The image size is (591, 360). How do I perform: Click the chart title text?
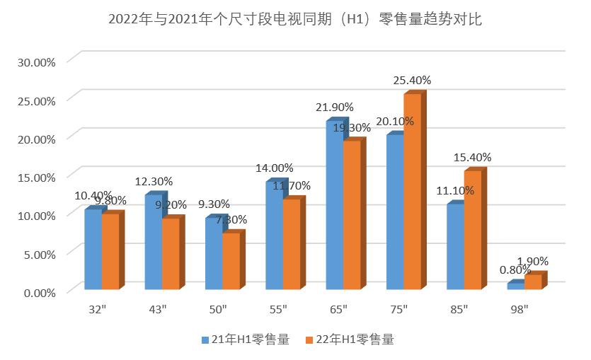(x=295, y=20)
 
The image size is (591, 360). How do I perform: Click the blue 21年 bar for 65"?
(x=334, y=206)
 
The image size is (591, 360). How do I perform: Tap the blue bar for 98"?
(x=515, y=286)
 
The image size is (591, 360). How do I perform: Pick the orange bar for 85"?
(x=472, y=231)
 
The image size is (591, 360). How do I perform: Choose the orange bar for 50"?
(x=231, y=261)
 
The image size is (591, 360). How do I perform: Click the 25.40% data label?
(x=412, y=81)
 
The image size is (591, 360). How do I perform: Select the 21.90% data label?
(x=333, y=107)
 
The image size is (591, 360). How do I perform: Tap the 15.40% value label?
(x=472, y=157)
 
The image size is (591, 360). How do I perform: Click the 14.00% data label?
(x=274, y=168)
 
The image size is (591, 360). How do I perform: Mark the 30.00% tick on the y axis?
(x=36, y=62)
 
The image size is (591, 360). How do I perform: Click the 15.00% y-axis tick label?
(x=36, y=177)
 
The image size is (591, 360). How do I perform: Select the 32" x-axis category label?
(x=97, y=309)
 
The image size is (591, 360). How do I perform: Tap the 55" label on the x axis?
(x=278, y=309)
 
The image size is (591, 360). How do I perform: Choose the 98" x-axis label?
(x=520, y=309)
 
